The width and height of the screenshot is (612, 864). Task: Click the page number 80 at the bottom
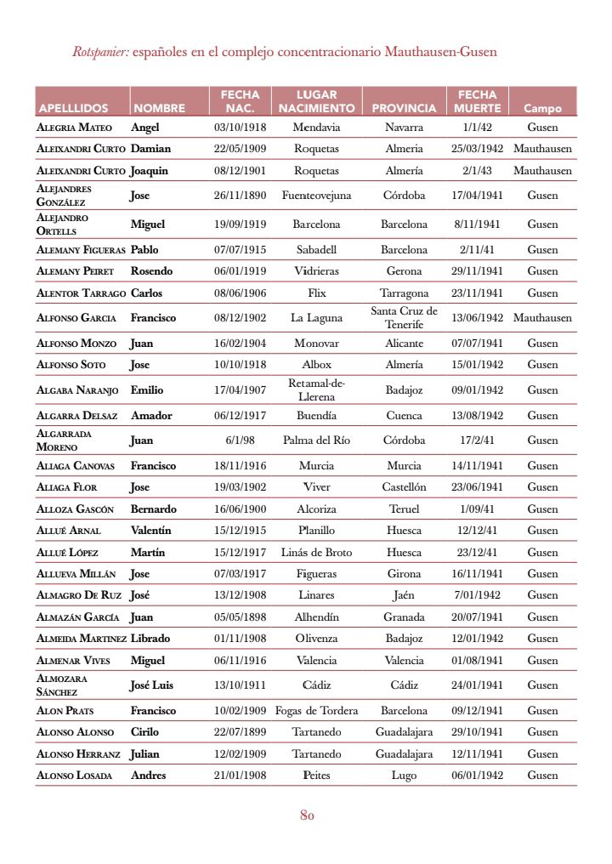[308, 816]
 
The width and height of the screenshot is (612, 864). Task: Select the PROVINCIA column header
[404, 109]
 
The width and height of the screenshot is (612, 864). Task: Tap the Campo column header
[542, 109]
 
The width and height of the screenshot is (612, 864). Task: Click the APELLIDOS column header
[73, 109]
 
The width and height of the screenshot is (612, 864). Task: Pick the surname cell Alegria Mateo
[75, 128]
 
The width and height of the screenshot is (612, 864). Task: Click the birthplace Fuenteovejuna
[316, 196]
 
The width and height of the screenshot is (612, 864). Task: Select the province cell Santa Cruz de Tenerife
[404, 317]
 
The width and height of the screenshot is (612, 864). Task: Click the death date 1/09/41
[477, 509]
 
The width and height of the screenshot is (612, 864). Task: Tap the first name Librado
[150, 639]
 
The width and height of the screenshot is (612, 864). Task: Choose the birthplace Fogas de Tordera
[316, 711]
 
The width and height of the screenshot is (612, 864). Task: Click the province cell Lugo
[404, 776]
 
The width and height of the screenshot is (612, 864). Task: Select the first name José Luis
[152, 685]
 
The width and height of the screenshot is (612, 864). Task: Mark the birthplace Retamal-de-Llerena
[316, 390]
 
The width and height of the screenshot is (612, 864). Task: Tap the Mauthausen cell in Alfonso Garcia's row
[542, 318]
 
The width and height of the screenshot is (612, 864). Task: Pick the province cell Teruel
[404, 509]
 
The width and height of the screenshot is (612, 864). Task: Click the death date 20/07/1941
[477, 617]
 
